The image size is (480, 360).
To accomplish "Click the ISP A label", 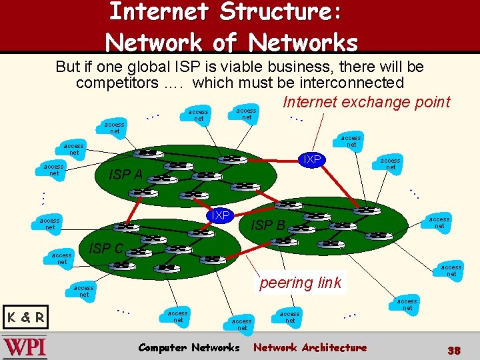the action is [x=125, y=175].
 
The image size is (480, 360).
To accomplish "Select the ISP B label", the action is [x=267, y=225].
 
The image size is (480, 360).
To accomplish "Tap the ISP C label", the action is [x=106, y=249].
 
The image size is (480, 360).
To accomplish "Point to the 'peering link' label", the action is [x=300, y=283].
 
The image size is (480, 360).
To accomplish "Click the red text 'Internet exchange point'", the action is [x=366, y=102].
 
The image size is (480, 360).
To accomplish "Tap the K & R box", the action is [x=25, y=317].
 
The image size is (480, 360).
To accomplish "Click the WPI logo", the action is [x=25, y=348].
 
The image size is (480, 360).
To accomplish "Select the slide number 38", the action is [x=454, y=350].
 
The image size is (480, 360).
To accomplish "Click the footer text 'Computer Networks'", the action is [x=188, y=347].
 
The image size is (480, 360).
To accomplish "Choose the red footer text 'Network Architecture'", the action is [x=310, y=347].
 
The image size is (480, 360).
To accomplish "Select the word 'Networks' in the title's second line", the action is [x=303, y=43].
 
